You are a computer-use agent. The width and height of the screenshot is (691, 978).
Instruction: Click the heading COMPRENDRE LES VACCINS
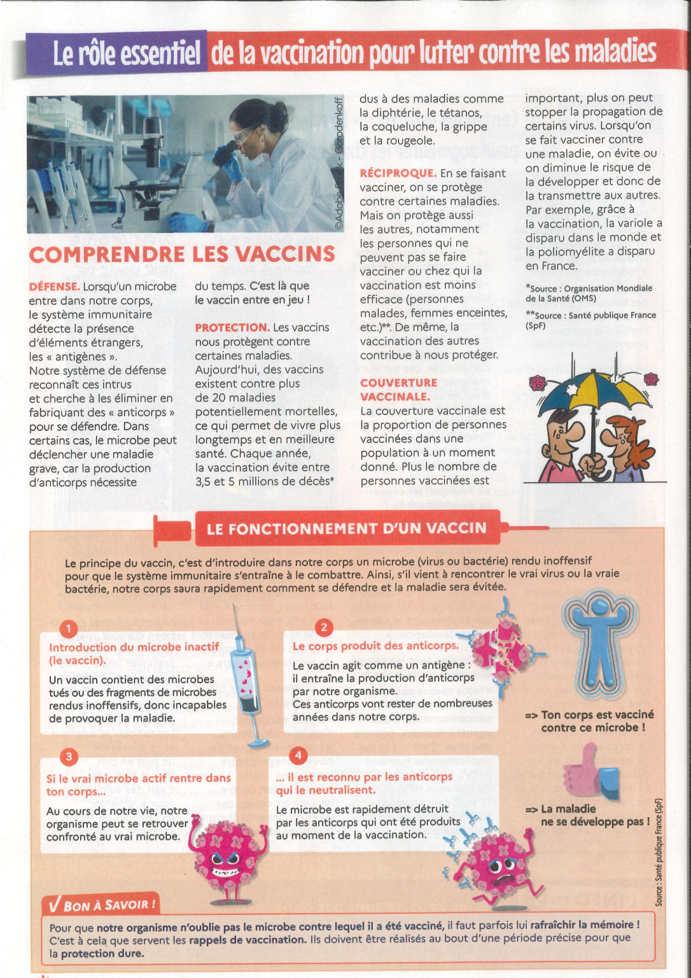coord(182,254)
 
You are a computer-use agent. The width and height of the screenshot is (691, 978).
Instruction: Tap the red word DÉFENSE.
coord(54,287)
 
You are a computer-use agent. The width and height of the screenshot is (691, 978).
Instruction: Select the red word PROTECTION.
coord(232,327)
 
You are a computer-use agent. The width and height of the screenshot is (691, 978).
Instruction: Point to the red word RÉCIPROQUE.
coord(398,173)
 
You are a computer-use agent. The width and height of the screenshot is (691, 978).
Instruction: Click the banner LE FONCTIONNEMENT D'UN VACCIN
coord(347,528)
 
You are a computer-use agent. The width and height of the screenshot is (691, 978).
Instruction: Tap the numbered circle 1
coord(68,629)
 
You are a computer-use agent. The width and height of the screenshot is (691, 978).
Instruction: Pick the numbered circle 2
coord(324,627)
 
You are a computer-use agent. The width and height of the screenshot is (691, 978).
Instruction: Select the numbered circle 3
coord(68,756)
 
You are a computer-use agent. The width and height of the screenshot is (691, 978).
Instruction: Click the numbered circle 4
coord(298,756)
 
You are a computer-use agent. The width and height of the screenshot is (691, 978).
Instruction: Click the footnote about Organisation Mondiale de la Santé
coord(589,293)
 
